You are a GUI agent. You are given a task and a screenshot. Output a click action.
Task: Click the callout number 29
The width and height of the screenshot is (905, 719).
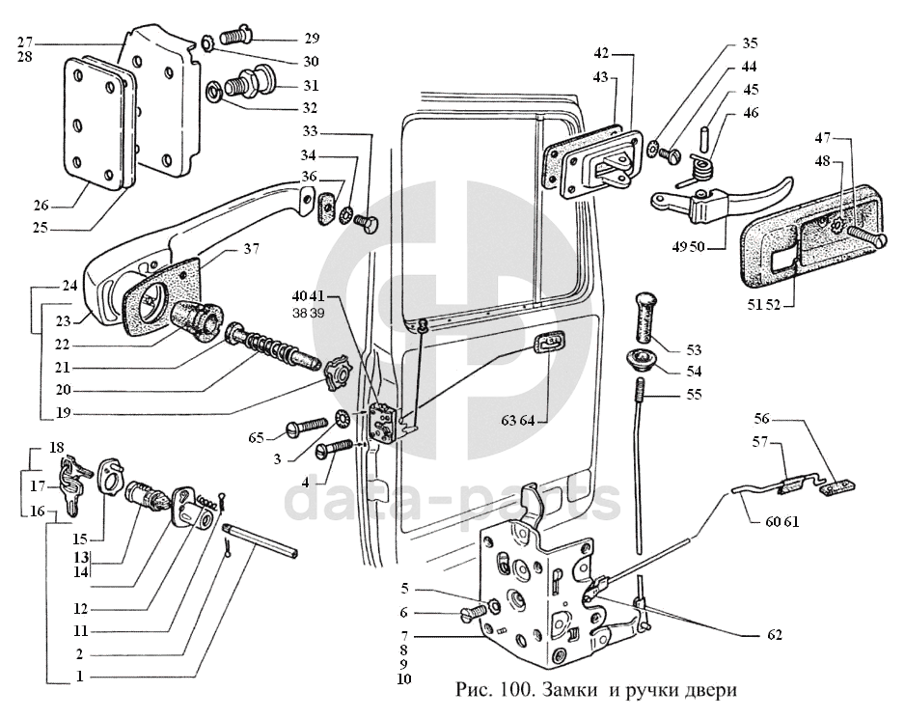tap(312, 39)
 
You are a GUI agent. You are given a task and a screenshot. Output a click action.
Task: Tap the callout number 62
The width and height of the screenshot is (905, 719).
tap(774, 635)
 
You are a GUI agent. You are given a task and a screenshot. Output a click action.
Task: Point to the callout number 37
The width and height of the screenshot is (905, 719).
tap(251, 249)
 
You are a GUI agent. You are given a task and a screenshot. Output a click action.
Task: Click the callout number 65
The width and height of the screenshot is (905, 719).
tap(257, 438)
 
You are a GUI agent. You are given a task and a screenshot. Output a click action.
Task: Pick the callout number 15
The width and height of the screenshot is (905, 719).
tap(80, 539)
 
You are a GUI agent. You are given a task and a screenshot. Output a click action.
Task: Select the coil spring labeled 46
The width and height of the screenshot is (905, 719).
tap(701, 168)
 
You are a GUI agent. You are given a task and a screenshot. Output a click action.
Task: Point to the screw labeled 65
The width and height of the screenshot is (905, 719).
tap(307, 428)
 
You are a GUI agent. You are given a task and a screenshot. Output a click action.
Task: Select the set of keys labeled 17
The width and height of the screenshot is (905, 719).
tap(73, 483)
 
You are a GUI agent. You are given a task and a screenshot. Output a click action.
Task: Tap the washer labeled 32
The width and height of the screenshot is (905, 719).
tap(215, 91)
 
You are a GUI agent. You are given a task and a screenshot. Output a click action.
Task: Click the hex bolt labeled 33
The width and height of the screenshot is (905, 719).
tap(366, 223)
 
